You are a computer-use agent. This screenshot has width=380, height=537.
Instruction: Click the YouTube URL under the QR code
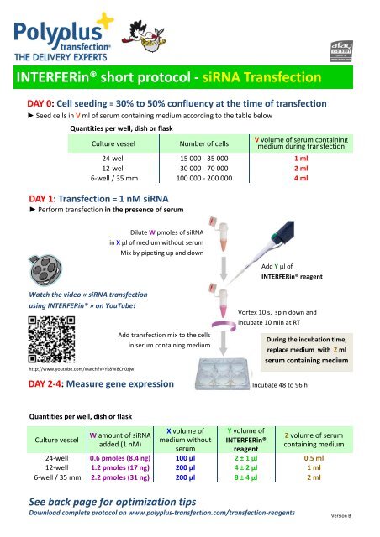[x=71, y=368]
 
